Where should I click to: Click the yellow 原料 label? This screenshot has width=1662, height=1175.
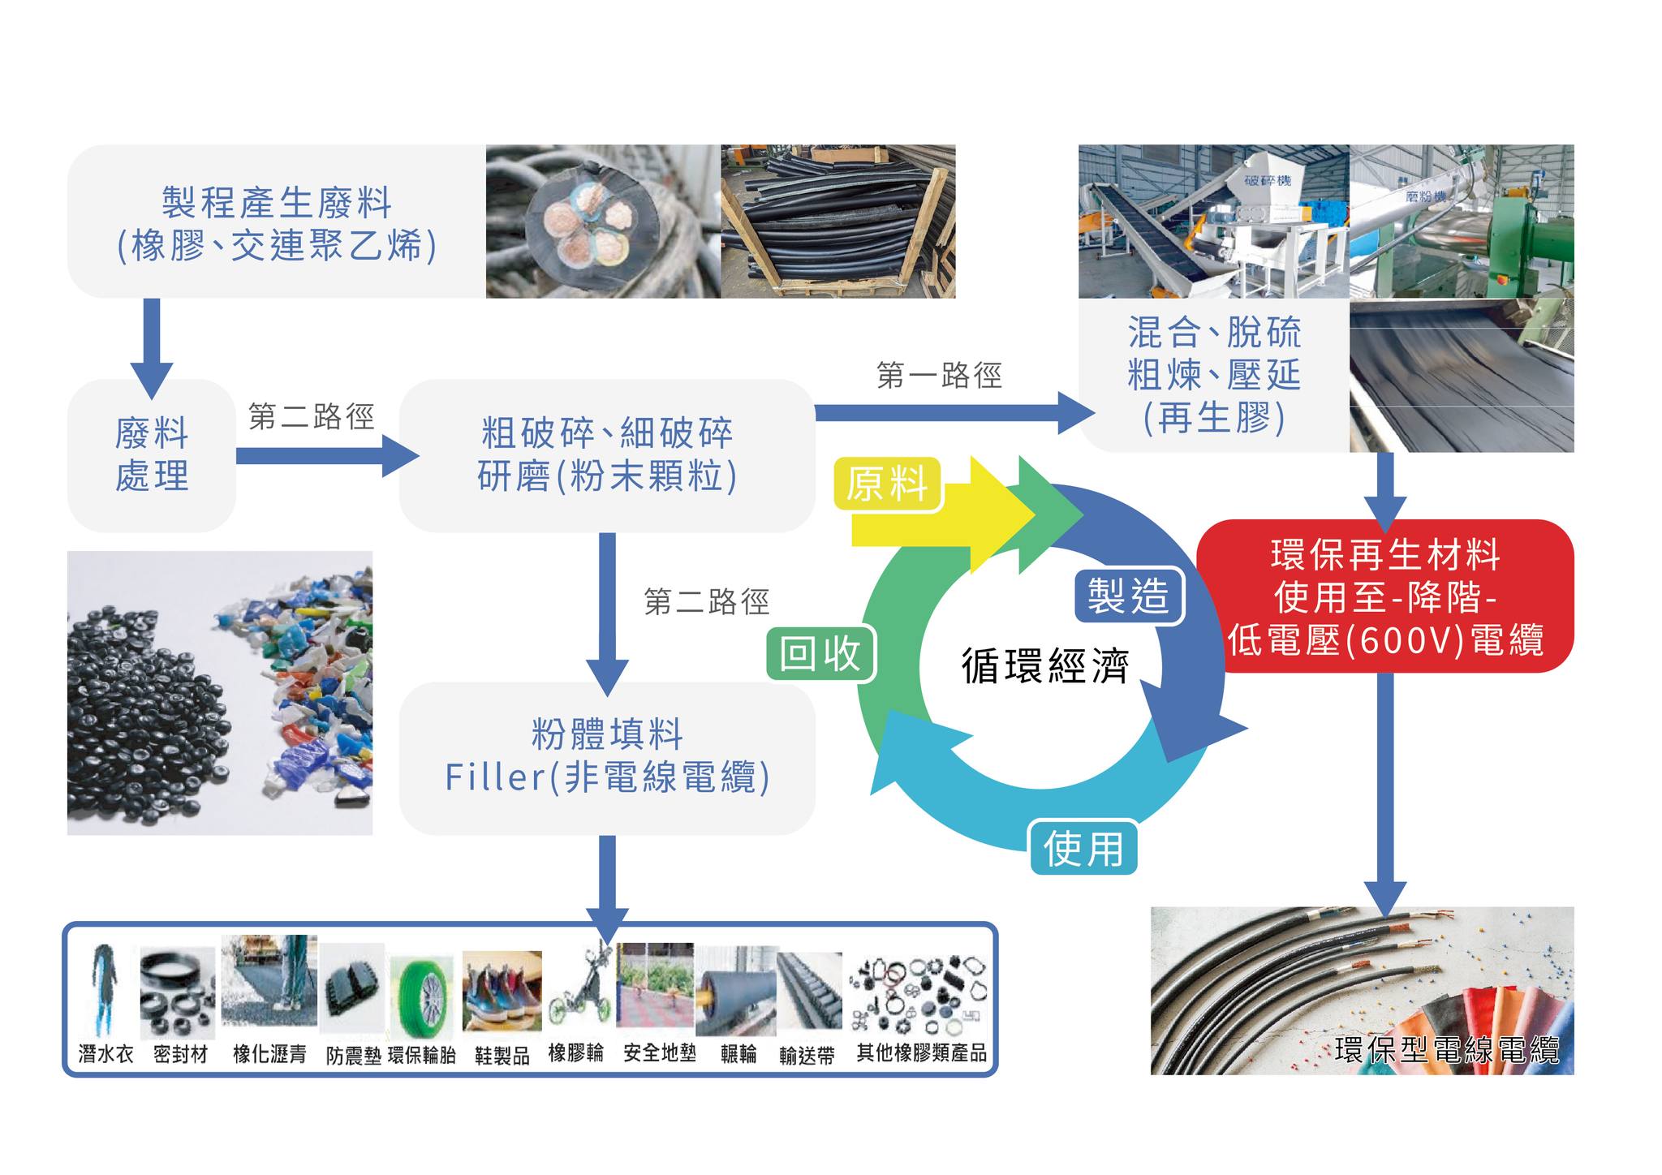pos(887,484)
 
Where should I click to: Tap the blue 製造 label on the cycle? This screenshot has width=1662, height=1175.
pos(1129,596)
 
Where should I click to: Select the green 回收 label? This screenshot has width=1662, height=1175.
pos(820,653)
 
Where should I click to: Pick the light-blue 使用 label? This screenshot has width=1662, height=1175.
pos(1083,848)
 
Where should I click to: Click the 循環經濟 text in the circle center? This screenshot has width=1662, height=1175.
pos(1045,665)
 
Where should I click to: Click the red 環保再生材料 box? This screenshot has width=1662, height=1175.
pos(1384,596)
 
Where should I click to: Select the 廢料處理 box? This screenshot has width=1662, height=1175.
pos(152,455)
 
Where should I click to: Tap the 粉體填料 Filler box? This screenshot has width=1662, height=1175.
pos(607,757)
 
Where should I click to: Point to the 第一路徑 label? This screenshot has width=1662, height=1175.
pos(939,376)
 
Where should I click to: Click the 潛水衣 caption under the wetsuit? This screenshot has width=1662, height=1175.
pos(105,1054)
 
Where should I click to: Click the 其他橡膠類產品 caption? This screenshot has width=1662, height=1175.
pos(922,1053)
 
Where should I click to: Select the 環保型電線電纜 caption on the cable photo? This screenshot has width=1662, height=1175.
pos(1446,1050)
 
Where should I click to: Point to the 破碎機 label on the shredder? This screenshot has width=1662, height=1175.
pos(1268,179)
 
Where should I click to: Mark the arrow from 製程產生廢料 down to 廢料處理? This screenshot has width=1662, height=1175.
pos(152,345)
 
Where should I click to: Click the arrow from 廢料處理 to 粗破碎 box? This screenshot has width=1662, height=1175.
pos(325,455)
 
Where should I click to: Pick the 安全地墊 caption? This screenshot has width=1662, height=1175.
pos(660,1053)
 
